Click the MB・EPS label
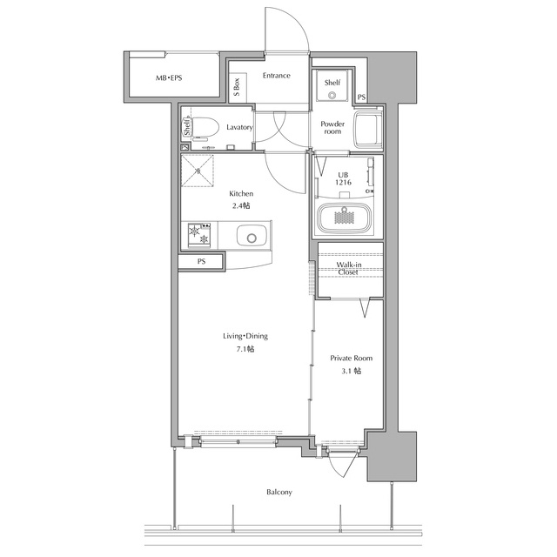point(169,77)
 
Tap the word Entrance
point(277,76)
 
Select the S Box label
point(237,87)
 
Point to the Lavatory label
point(240,127)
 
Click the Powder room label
point(332,128)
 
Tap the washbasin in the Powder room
point(368,130)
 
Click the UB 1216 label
point(343,178)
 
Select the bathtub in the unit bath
point(345,218)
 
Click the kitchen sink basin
point(252,235)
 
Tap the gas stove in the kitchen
point(199,235)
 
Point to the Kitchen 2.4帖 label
point(241,199)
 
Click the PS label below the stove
point(201,261)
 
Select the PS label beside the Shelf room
point(361,97)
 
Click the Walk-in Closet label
point(348,269)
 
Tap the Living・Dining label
point(245,336)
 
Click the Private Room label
point(352,358)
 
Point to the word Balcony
point(279,493)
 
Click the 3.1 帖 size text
point(352,372)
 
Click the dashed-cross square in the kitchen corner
point(198,171)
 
